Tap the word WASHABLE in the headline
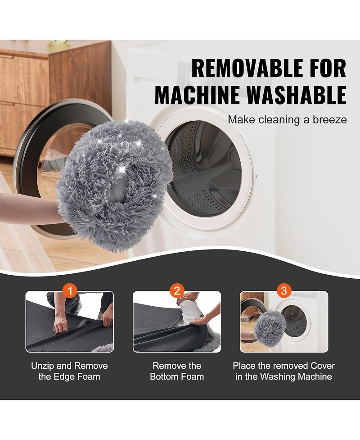click(297, 95)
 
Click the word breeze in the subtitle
click(330, 120)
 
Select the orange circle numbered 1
click(70, 291)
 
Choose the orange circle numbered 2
click(177, 291)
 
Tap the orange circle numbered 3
click(284, 291)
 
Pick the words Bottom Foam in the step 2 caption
click(177, 376)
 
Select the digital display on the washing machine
click(239, 81)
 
